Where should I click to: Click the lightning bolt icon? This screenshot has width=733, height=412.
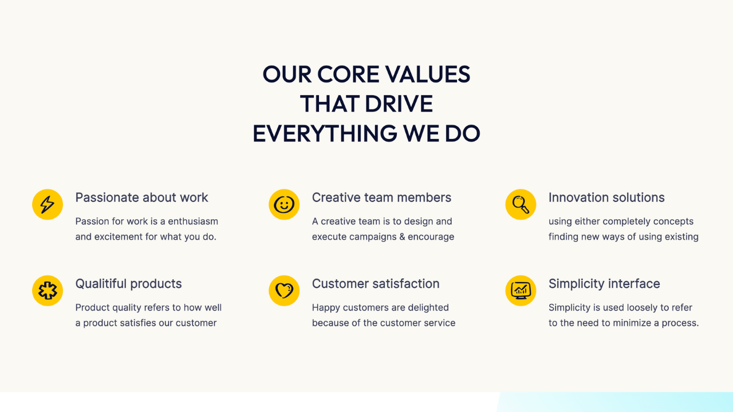pos(48,204)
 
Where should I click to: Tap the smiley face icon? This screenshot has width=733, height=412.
pos(284,204)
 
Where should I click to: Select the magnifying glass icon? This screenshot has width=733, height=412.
pos(521,204)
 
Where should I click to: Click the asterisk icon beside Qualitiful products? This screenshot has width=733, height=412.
pos(48,290)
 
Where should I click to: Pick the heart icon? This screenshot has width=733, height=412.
pos(284,290)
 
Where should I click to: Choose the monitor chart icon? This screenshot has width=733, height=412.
pos(521,290)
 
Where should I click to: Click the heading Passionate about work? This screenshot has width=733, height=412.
pos(141,197)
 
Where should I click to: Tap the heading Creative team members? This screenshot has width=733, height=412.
pos(381,197)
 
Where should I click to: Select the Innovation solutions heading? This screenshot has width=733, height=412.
pos(606,197)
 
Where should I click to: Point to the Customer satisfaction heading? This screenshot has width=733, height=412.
pos(376,284)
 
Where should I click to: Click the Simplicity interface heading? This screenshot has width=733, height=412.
pos(604,284)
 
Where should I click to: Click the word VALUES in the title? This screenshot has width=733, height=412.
pos(427,74)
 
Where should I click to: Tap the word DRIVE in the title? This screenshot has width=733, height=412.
pos(399,104)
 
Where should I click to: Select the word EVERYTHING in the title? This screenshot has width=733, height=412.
pos(325,134)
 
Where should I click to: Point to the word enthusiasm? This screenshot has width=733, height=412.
pos(193,221)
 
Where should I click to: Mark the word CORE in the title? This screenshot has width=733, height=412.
pos(348,74)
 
